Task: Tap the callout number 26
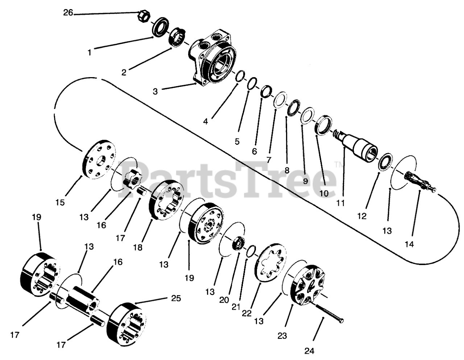(x=68, y=13)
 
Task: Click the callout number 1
(x=90, y=53)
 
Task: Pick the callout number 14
(x=409, y=244)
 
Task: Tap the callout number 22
(x=247, y=314)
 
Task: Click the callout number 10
(x=324, y=193)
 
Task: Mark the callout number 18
(x=138, y=248)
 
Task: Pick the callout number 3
(x=155, y=91)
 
